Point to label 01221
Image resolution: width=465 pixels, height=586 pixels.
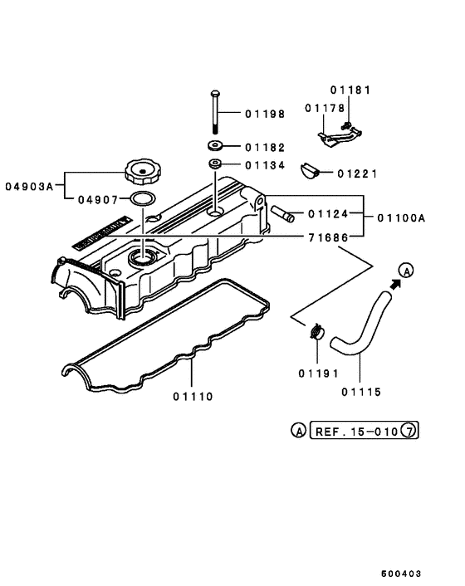pyautogui.click(x=358, y=173)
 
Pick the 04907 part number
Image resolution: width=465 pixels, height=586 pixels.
pyautogui.click(x=98, y=199)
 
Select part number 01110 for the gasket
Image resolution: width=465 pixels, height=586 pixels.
pyautogui.click(x=193, y=397)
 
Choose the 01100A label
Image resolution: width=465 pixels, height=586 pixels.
pyautogui.click(x=400, y=218)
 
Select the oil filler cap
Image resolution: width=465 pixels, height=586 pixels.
pyautogui.click(x=139, y=172)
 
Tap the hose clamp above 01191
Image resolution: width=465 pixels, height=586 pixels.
pyautogui.click(x=316, y=332)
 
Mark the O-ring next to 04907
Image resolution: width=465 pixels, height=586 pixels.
pyautogui.click(x=143, y=199)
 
